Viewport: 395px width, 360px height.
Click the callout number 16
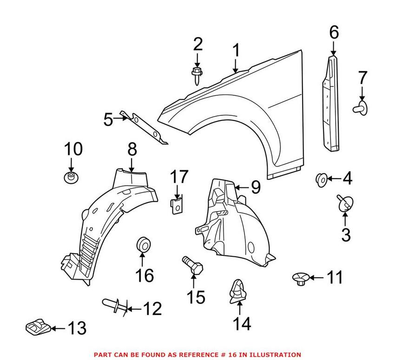(145, 275)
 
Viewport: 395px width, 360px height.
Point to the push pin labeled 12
(115, 305)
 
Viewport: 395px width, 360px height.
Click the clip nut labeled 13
(38, 327)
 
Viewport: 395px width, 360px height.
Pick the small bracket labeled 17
(177, 206)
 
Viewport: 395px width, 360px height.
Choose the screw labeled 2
(197, 76)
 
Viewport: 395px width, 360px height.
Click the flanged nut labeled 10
(71, 177)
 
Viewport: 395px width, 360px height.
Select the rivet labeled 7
(360, 108)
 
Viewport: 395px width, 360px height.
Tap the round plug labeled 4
(322, 180)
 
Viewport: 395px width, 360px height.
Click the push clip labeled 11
(301, 279)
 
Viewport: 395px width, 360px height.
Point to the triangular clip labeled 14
(237, 292)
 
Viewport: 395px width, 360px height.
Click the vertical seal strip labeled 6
(330, 103)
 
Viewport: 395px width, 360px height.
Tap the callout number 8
(132, 149)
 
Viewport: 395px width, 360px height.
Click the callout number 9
(256, 187)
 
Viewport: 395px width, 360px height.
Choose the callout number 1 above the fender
(236, 50)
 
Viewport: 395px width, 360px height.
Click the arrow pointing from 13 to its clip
(58, 328)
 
